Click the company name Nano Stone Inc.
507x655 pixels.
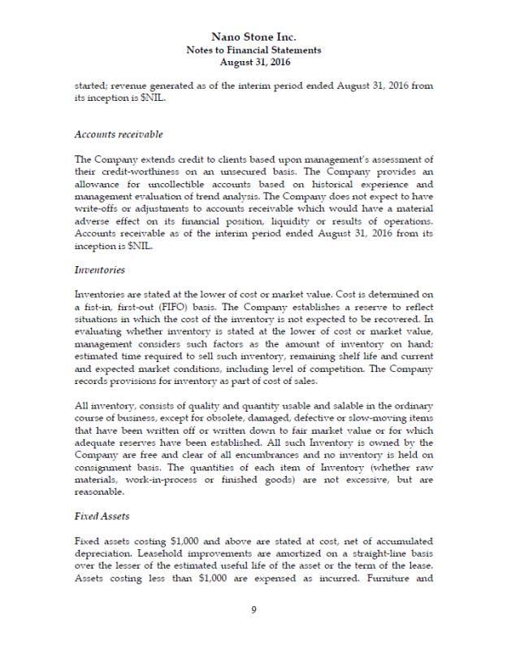point(253,37)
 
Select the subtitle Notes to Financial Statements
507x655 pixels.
point(253,50)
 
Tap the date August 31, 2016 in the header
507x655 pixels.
point(253,62)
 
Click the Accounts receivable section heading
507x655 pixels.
point(119,134)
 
